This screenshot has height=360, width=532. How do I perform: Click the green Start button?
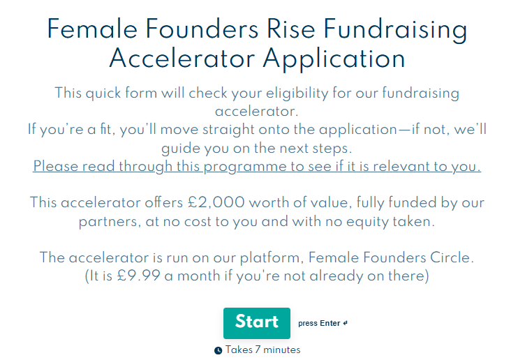coord(257,323)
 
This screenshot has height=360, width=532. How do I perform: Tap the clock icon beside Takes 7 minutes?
coord(218,350)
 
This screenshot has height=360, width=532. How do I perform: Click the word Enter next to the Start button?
coord(330,324)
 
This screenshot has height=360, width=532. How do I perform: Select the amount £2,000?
coord(216,203)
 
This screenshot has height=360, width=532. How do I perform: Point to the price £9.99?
coord(139,276)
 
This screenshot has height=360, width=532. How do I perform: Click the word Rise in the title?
coord(290,29)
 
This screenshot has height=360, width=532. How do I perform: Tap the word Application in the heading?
coord(334,59)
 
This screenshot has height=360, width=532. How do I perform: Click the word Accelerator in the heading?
coord(182,59)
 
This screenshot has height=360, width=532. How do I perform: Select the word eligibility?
coord(297,93)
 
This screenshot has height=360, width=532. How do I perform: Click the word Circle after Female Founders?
coord(452,257)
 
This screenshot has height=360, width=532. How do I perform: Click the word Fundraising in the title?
coord(395,29)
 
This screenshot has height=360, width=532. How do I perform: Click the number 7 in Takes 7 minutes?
coord(258,350)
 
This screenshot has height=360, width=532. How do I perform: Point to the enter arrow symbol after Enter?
coord(345,324)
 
